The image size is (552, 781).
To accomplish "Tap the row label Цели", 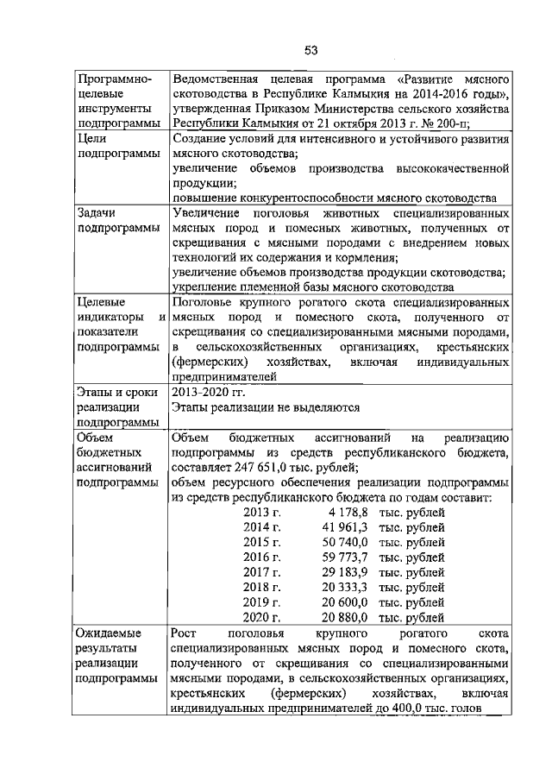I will click(x=92, y=138).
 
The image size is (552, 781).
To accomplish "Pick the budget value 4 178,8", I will click(x=344, y=512).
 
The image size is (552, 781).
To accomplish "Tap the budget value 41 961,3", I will click(x=344, y=527).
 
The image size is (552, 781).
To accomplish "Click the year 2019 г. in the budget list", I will click(x=262, y=602).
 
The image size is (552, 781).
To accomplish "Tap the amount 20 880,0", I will click(x=344, y=618).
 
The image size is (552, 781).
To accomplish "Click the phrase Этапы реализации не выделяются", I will click(x=264, y=407).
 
